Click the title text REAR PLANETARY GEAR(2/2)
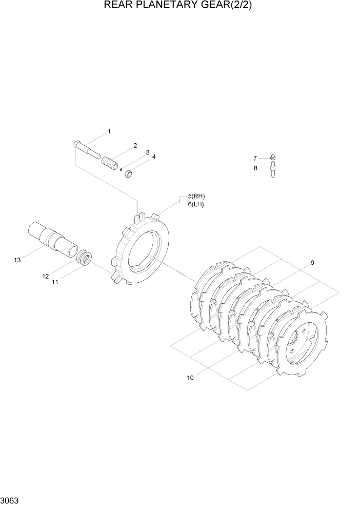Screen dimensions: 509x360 pos(179,6)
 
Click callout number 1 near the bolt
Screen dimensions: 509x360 pos(109,132)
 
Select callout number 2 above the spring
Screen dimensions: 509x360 pos(135,146)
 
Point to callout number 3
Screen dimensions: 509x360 pos(147,153)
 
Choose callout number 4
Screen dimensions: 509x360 pos(153,157)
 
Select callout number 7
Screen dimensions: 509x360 pos(255,158)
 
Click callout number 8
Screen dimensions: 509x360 pos(255,168)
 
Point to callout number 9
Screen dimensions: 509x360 pos(312,263)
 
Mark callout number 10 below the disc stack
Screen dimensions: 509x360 pos(190,378)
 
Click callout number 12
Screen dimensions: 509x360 pos(45,277)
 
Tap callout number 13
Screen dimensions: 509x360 pos(17,261)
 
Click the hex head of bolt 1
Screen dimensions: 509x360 pos(77,144)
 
